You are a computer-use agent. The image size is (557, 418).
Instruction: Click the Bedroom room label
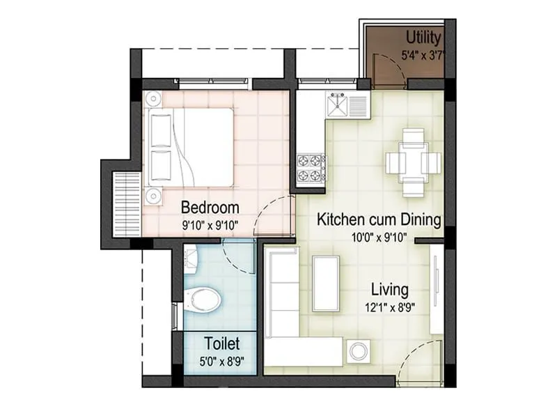(210, 208)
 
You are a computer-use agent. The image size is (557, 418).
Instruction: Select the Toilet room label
(221, 343)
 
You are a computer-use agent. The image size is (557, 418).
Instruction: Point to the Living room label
(389, 288)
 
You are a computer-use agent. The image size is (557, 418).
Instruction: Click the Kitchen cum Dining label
(379, 220)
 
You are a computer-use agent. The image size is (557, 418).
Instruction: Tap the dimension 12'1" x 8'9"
(389, 307)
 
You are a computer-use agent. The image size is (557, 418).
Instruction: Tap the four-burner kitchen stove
(311, 168)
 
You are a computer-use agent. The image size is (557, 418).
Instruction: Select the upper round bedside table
(152, 100)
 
